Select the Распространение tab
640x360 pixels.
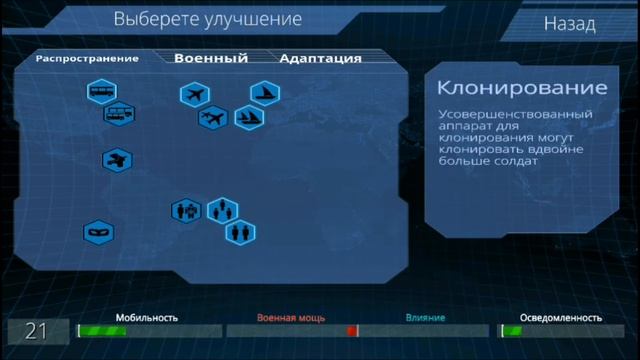point(87,58)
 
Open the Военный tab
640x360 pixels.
point(210,58)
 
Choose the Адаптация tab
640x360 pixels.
point(320,58)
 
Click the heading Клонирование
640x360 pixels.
point(522,88)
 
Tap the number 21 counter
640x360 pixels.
point(36,331)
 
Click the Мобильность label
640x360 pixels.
point(146,318)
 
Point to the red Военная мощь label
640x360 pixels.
point(291,318)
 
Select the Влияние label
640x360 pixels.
point(425,318)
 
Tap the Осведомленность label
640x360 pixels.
point(560,318)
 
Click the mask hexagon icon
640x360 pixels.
point(98,232)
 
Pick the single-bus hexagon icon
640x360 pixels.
point(101,93)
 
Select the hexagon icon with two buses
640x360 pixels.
point(119,115)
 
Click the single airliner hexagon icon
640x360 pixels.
point(195,95)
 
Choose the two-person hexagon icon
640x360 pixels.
point(222,210)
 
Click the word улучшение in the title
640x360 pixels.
point(256,19)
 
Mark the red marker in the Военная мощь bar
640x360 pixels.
point(351,331)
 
